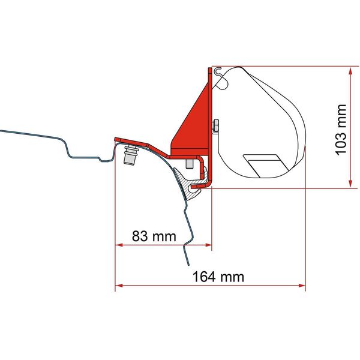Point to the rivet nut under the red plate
(129, 158)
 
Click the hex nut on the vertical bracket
(214, 125)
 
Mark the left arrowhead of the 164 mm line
(118, 284)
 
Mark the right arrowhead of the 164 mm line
(302, 284)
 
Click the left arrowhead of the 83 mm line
(118, 245)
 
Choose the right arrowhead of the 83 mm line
(208, 245)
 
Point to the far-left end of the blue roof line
(2, 130)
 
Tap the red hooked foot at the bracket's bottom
(207, 180)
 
